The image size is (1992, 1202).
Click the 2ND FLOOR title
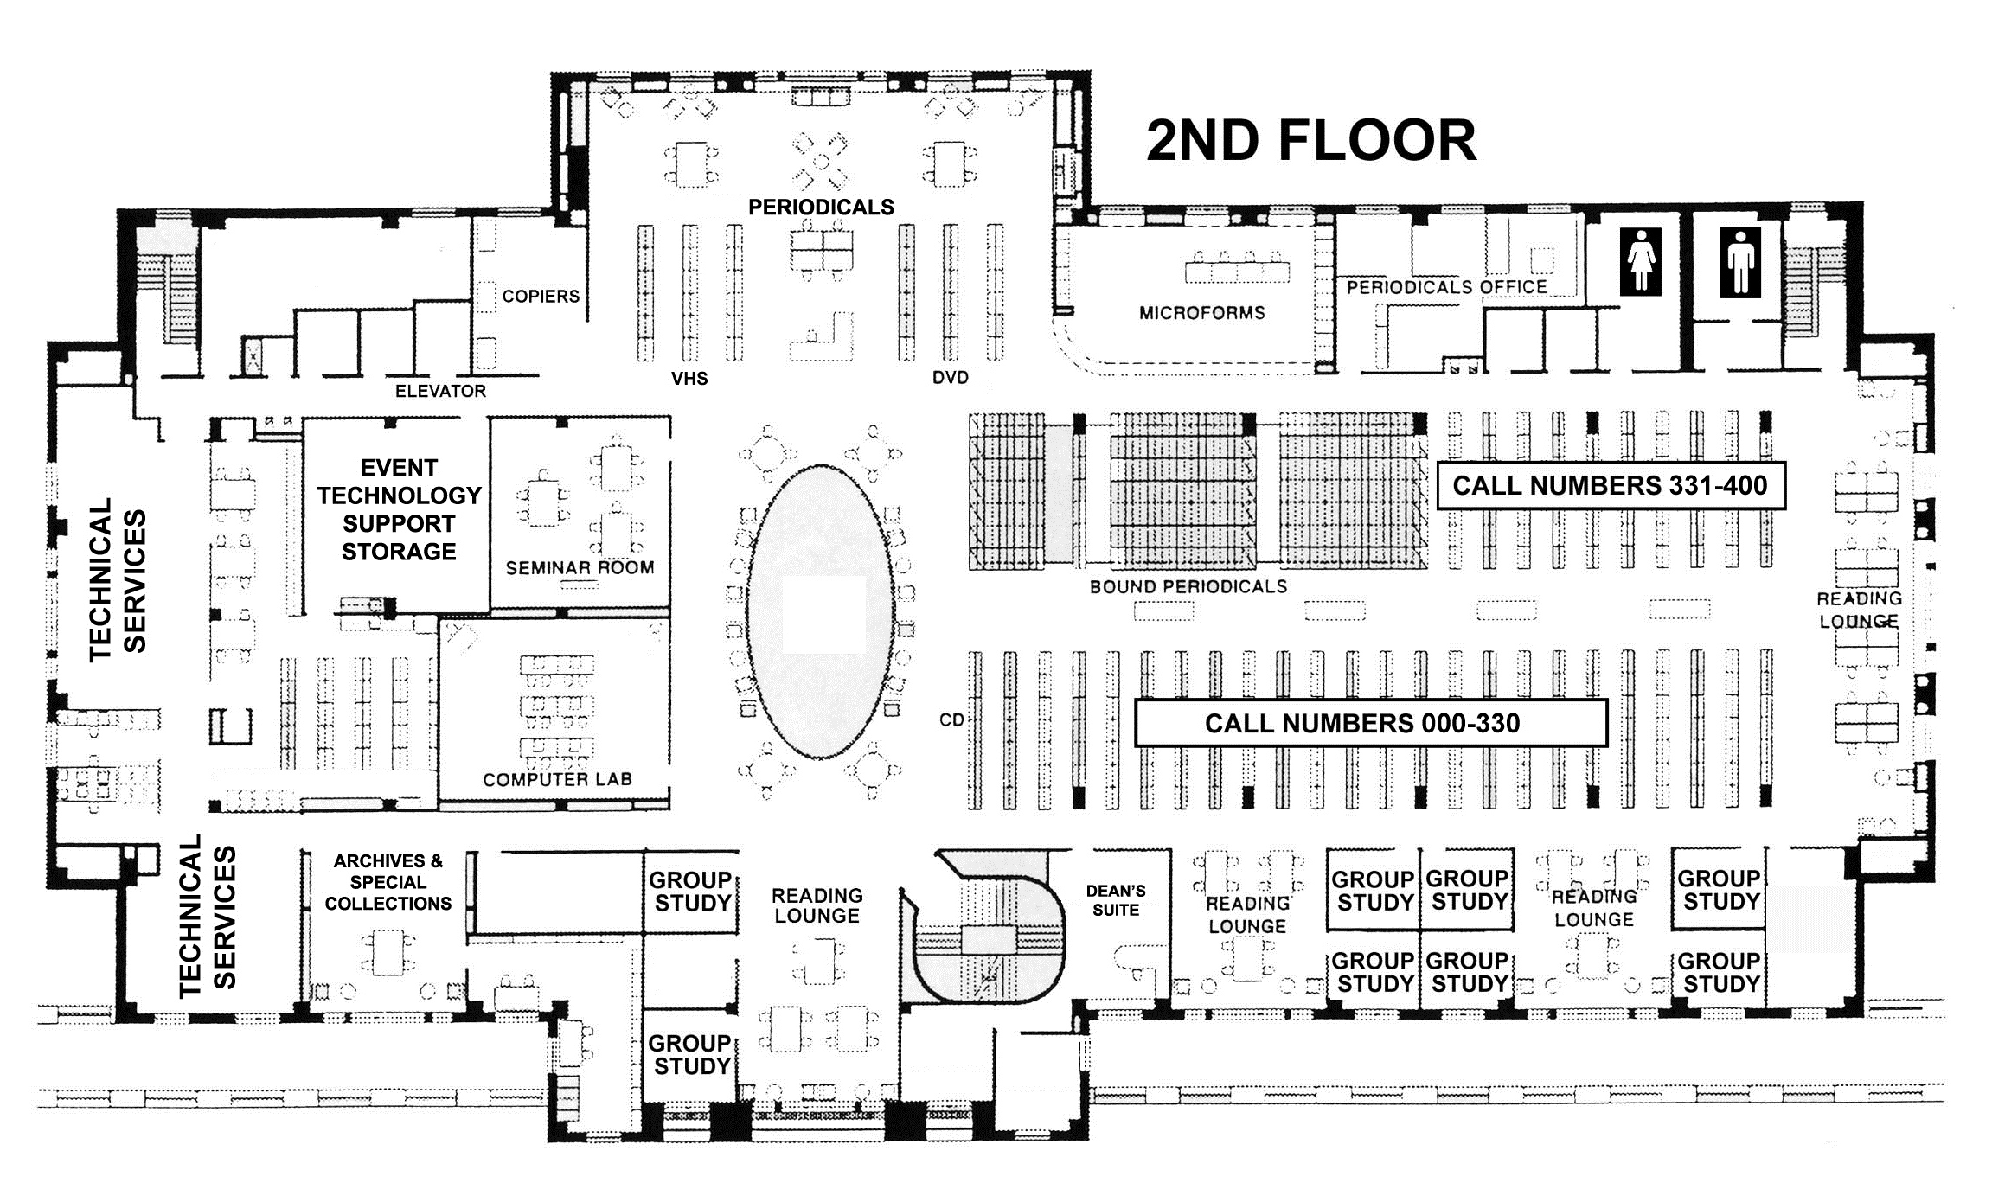[1310, 141]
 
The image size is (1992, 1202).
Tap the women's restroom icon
[1641, 261]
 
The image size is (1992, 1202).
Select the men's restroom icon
[1739, 262]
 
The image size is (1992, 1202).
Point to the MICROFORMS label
[1201, 313]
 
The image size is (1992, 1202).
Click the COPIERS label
[541, 297]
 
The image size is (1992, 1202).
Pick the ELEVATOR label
[440, 392]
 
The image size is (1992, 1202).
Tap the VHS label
[689, 379]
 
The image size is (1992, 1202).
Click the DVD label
[950, 378]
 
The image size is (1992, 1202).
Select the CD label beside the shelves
[951, 720]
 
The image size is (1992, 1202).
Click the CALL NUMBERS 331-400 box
[1611, 485]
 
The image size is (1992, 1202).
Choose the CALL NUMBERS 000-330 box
[1371, 723]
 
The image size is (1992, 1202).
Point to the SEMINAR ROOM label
[580, 568]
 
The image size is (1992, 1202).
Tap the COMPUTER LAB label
[557, 779]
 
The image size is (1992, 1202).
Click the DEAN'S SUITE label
[1116, 900]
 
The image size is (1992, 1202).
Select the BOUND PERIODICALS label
[1188, 587]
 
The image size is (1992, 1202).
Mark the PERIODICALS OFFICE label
[1446, 287]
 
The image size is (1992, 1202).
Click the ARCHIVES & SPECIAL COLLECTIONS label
[388, 882]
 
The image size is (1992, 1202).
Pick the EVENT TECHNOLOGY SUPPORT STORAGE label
[399, 509]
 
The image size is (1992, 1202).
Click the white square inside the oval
[823, 614]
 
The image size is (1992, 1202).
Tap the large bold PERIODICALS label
[821, 208]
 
